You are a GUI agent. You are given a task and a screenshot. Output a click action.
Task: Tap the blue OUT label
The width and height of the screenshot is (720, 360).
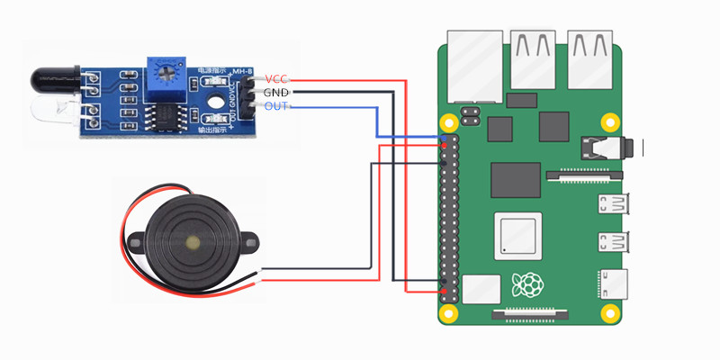275,106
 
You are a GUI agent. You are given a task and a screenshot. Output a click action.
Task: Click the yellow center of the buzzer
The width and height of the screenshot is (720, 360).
191,242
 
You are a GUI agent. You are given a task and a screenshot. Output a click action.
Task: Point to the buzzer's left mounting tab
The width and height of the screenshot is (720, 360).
133,241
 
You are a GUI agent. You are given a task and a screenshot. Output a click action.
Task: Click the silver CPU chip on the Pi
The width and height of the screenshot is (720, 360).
518,234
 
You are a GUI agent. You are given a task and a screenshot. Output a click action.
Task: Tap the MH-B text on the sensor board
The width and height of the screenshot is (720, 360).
241,72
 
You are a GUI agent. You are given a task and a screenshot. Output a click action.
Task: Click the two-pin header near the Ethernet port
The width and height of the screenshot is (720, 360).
468,115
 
